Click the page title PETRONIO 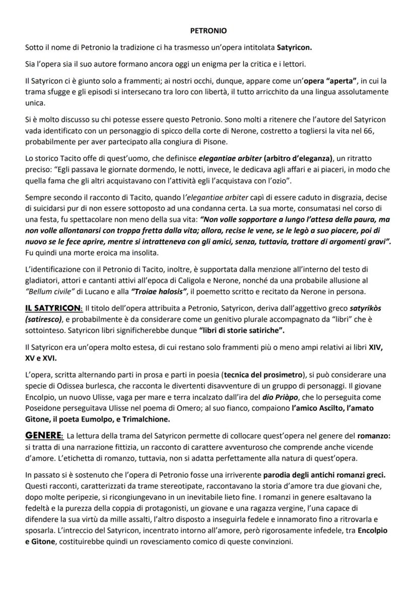click(x=208, y=31)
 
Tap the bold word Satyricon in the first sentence click(x=295, y=48)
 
